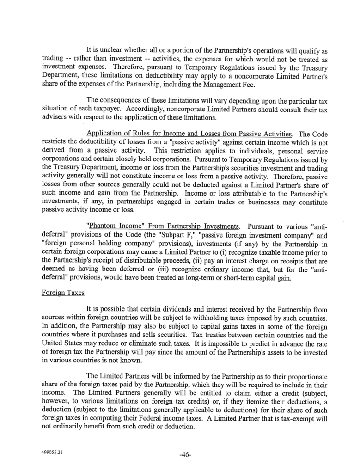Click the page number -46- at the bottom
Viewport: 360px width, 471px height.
185,453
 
